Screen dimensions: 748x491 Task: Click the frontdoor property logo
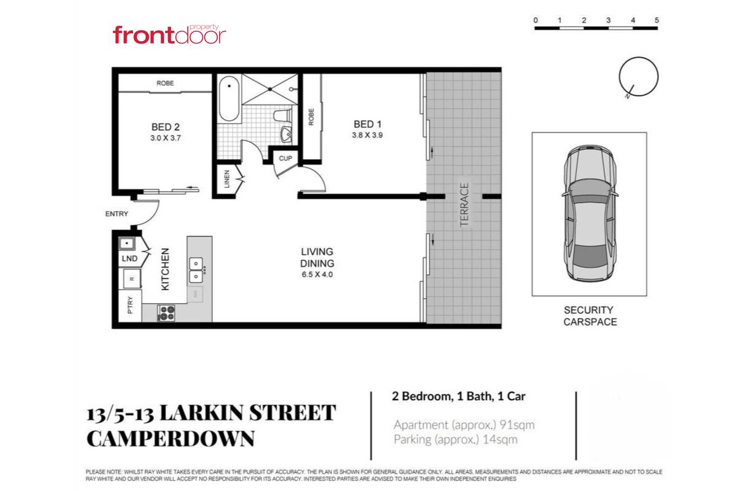[x=169, y=34]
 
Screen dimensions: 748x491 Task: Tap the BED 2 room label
[x=165, y=127]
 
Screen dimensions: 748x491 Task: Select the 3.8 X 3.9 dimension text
[x=367, y=135]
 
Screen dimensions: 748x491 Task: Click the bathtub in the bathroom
[x=229, y=99]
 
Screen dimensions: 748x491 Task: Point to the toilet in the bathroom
[x=283, y=116]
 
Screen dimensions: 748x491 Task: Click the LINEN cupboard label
[x=227, y=179]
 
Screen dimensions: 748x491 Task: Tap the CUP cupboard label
[x=285, y=158]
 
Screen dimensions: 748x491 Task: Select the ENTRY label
[x=117, y=214]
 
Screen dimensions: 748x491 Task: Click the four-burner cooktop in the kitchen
[x=166, y=313]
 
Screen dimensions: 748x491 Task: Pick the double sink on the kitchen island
[x=196, y=270]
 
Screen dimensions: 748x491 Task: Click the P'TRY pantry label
[x=130, y=305]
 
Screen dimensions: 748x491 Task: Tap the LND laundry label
[x=129, y=258]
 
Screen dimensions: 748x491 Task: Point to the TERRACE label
[x=465, y=204]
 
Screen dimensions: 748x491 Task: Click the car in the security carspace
[x=590, y=214]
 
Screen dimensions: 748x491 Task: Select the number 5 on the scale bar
[x=657, y=20]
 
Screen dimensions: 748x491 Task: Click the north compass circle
[x=639, y=77]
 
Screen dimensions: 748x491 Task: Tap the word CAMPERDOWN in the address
[x=171, y=439]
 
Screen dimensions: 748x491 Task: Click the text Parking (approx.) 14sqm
[x=456, y=439]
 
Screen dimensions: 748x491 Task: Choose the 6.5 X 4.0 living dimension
[x=317, y=274]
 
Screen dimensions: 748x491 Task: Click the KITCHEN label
[x=165, y=269]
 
